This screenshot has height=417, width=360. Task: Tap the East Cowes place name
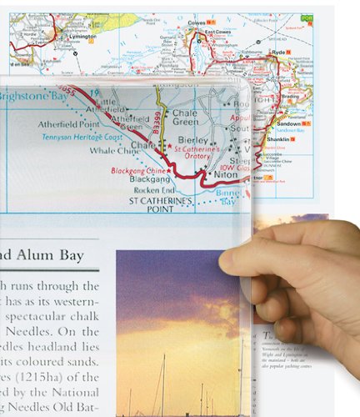click(x=217, y=33)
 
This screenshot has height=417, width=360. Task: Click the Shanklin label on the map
click(x=289, y=138)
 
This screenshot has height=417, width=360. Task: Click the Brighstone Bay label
click(x=42, y=95)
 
